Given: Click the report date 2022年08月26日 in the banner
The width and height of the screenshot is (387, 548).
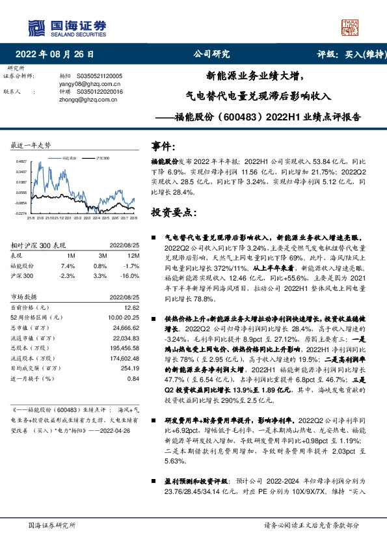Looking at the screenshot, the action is [x=59, y=55].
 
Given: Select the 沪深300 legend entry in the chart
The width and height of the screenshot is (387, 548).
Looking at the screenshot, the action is [x=101, y=158].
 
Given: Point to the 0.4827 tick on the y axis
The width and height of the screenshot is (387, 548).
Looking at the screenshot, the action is [x=21, y=161].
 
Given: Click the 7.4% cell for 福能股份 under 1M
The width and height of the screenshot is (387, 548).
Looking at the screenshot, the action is [x=68, y=266].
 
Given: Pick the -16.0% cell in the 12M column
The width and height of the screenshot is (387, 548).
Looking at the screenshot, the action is [x=131, y=275].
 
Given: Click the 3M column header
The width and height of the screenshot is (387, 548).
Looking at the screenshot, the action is [x=100, y=256].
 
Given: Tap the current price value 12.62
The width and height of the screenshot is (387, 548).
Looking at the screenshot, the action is [x=132, y=306].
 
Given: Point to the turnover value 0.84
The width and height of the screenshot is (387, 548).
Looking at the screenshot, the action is [x=133, y=378].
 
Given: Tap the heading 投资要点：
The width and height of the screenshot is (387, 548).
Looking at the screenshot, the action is [x=172, y=212].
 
